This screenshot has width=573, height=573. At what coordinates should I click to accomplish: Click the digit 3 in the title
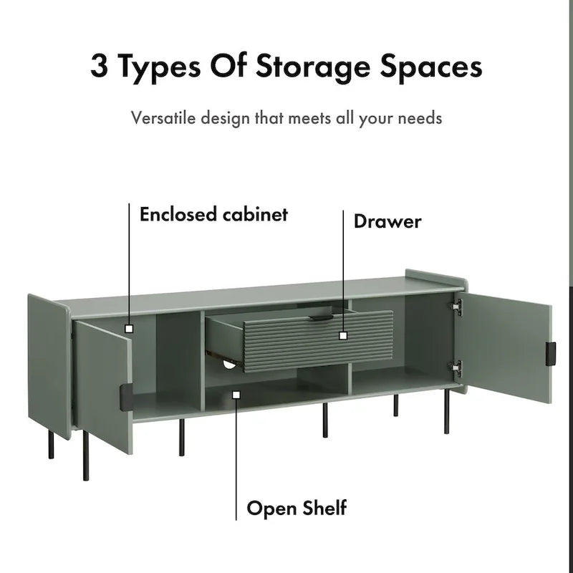point(99,66)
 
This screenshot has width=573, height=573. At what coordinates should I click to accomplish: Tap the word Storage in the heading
point(313,68)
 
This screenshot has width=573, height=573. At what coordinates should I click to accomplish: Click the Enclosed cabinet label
point(213,214)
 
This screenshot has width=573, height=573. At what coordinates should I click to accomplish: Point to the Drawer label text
point(387,221)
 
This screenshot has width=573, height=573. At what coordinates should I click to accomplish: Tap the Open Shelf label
point(297,508)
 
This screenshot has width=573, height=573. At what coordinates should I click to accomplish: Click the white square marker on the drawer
point(343,335)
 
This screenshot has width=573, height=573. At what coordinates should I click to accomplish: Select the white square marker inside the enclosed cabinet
point(129,329)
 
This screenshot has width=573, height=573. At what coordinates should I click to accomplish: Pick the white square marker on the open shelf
point(236,395)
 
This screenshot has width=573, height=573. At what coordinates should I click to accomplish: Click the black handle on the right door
point(551,354)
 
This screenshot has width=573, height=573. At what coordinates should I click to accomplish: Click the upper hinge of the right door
point(457,307)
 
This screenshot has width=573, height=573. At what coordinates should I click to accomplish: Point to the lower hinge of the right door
point(457,367)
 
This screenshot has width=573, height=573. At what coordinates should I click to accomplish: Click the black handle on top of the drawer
point(321,317)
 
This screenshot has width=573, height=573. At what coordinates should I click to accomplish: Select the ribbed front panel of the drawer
point(318,342)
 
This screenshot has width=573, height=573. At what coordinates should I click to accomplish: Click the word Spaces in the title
point(431,68)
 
